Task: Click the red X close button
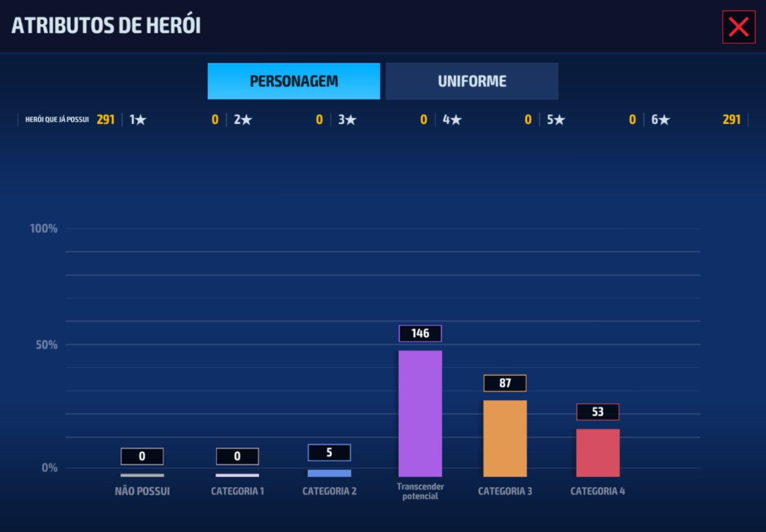[x=739, y=27]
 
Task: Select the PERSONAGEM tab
[x=294, y=81]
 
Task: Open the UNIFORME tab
[x=472, y=81]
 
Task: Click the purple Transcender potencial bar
[x=420, y=414]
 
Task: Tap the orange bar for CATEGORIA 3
[x=505, y=439]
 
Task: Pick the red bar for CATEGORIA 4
[x=598, y=453]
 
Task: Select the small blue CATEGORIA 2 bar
[x=329, y=473]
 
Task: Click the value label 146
[x=420, y=334]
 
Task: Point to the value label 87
[x=505, y=383]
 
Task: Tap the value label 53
[x=598, y=412]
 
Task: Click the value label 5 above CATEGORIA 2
[x=329, y=453]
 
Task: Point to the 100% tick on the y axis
[x=44, y=228]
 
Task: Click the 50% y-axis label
[x=46, y=345]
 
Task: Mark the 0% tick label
[x=49, y=468]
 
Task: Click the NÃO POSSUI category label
[x=142, y=492]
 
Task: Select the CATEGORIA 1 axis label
[x=237, y=492]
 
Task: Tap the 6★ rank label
[x=660, y=120]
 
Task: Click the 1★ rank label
[x=137, y=120]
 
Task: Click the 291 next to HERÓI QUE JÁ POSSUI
[x=106, y=120]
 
